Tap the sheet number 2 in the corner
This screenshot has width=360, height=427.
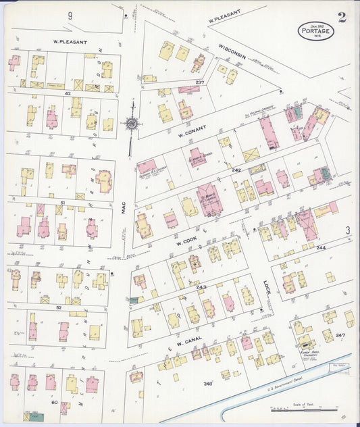(x=342, y=18)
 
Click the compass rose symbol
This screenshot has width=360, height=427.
(x=132, y=124)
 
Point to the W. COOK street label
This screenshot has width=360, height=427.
(x=186, y=241)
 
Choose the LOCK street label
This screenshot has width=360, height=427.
(x=266, y=291)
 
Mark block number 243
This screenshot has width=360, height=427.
(x=201, y=288)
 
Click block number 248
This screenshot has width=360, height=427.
(x=208, y=383)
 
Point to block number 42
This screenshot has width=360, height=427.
(x=68, y=93)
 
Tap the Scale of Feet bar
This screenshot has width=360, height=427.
(x=302, y=408)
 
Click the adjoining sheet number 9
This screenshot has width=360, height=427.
(x=70, y=15)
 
